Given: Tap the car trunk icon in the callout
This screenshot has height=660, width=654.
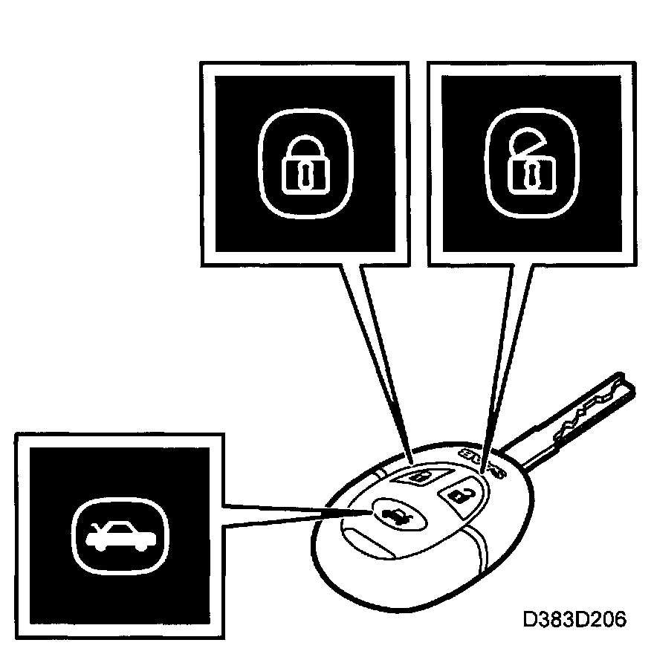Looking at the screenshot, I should [120, 530].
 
